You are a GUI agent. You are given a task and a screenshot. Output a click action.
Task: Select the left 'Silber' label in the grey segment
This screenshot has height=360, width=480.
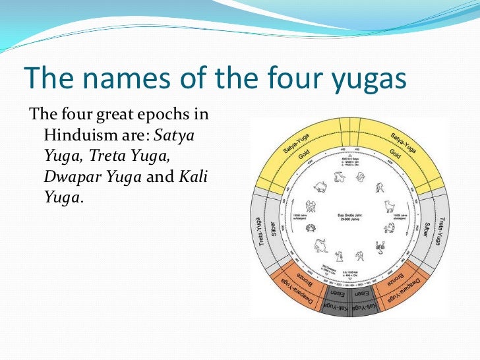point(273,227)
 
